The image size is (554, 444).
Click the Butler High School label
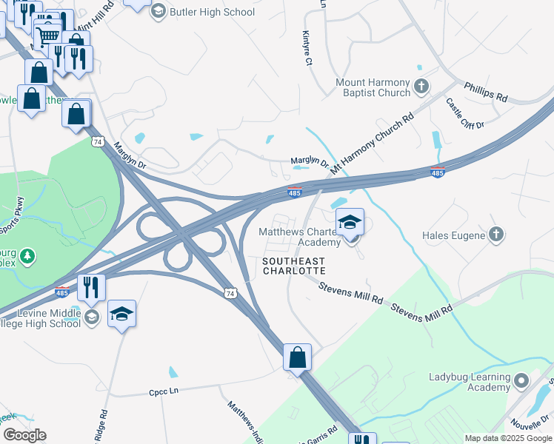click(212, 12)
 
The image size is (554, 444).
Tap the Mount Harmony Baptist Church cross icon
click(421, 87)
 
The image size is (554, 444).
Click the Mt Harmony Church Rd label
click(373, 143)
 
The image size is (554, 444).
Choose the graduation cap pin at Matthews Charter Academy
click(350, 221)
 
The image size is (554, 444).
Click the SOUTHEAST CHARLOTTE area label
click(295, 266)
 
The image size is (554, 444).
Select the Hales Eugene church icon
click(496, 235)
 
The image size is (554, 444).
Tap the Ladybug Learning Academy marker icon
click(522, 381)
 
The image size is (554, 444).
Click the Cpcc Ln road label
click(164, 389)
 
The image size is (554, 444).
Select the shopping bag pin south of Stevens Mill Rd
click(297, 357)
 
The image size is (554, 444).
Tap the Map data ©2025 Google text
click(507, 438)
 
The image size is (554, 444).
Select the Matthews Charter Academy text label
click(299, 237)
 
